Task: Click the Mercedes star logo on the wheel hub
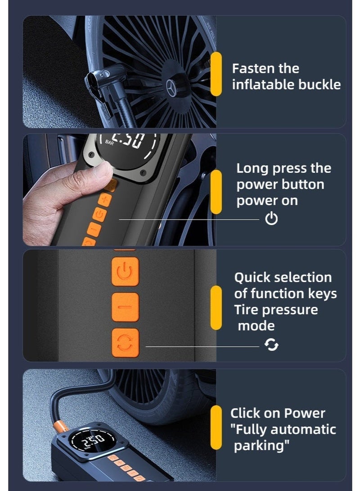coord(171,88)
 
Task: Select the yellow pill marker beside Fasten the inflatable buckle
coord(216,74)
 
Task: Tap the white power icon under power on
coord(271,219)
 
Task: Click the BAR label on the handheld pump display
coord(109,143)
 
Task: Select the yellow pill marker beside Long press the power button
coord(216,192)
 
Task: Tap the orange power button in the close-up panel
coord(125,271)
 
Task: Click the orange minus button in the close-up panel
coord(125,307)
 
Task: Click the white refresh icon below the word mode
coord(271,345)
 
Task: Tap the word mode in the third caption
coord(256,326)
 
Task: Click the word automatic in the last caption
coord(303,429)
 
